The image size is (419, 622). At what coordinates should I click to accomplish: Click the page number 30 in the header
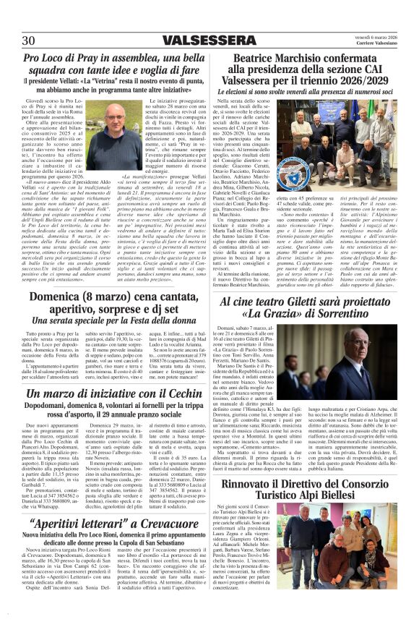(x=29, y=40)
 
